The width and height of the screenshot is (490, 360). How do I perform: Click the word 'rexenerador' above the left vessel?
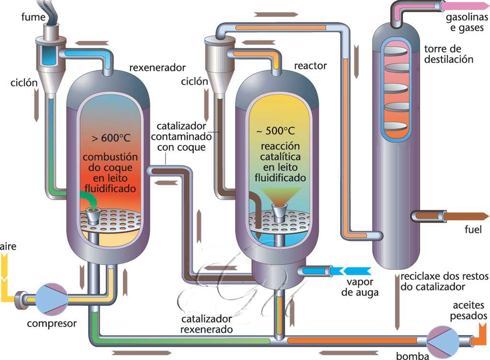pos(157,67)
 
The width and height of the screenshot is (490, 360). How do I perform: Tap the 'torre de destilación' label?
pos(448,54)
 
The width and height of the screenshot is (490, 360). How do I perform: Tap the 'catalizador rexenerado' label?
pos(206,324)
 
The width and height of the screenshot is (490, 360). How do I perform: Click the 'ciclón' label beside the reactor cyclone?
pos(194,81)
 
